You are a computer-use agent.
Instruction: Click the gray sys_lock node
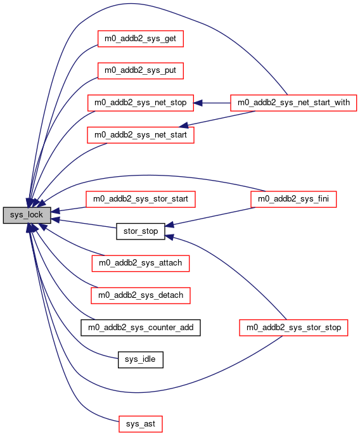(x=27, y=215)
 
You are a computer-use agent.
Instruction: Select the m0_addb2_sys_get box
(x=140, y=39)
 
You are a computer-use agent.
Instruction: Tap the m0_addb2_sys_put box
(x=140, y=70)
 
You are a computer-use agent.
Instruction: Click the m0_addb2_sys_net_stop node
(x=140, y=103)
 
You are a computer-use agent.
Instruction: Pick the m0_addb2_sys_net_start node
(x=140, y=135)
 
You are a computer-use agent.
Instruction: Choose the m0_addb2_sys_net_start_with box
(x=293, y=103)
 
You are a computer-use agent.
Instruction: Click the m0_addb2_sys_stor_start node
(x=140, y=199)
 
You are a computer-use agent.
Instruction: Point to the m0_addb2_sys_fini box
(x=293, y=199)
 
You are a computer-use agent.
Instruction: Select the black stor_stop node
(x=140, y=231)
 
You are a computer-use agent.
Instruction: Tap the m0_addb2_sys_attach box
(x=140, y=263)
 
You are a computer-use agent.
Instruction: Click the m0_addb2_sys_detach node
(x=140, y=295)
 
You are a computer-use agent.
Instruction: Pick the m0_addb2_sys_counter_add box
(x=140, y=328)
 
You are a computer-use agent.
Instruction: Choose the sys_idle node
(x=140, y=359)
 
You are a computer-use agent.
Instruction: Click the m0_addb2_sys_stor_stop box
(x=293, y=328)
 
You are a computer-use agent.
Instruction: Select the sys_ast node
(x=140, y=424)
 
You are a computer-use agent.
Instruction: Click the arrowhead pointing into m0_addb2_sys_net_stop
(x=198, y=103)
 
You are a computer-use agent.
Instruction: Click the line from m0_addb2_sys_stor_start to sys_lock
(x=68, y=209)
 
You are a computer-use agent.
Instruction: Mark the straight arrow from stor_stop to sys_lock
(x=84, y=224)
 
